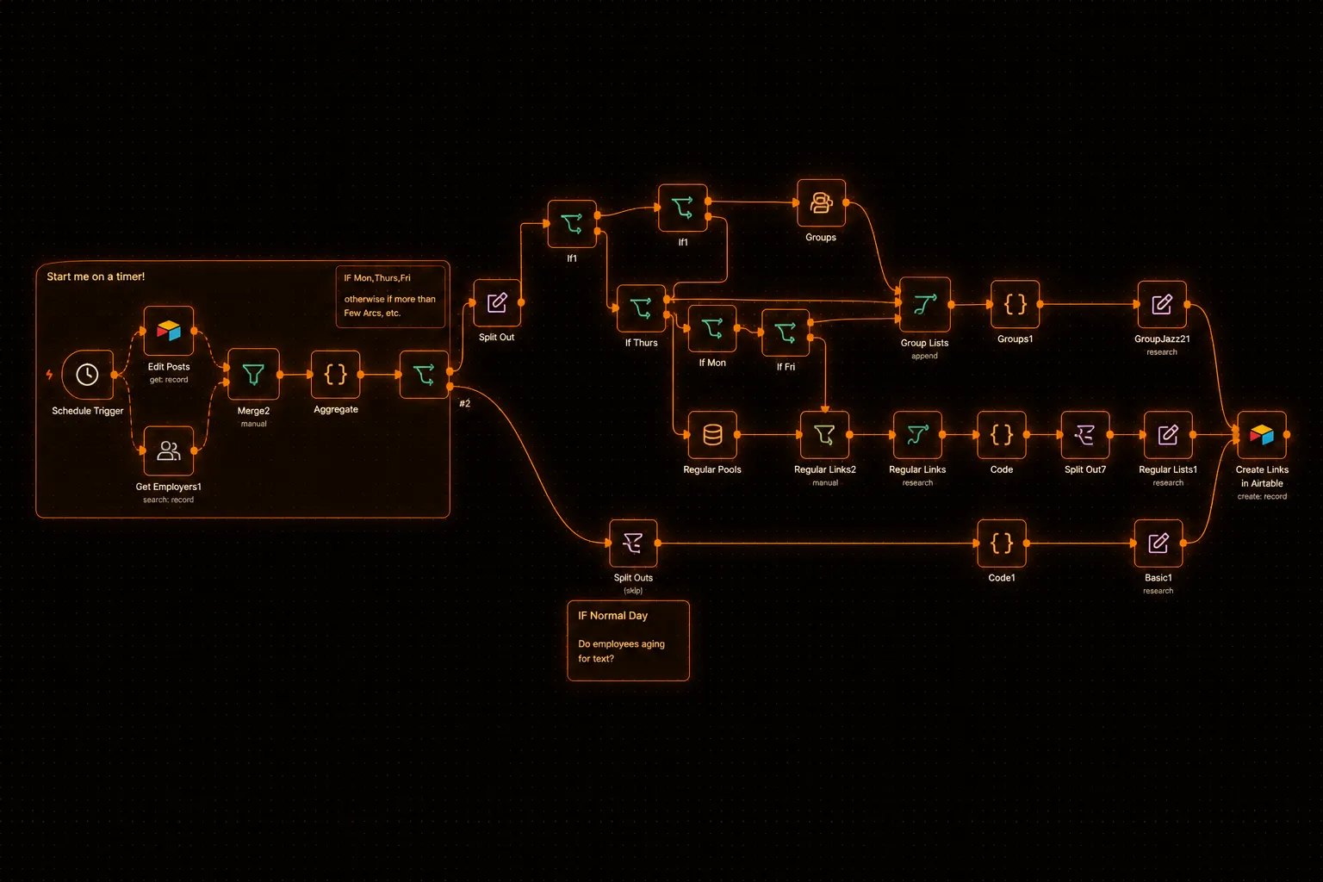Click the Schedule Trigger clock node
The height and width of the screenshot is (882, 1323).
(87, 375)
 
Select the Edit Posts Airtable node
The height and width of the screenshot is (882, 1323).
(168, 331)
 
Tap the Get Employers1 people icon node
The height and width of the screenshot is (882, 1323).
(168, 450)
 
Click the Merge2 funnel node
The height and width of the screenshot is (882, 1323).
(253, 375)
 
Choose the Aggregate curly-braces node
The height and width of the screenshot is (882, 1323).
(335, 374)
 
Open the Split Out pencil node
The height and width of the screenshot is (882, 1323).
(497, 302)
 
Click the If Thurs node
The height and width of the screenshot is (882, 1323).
(641, 307)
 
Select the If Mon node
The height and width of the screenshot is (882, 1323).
(712, 328)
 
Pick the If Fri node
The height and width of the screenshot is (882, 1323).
(786, 332)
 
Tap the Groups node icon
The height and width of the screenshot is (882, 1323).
(821, 202)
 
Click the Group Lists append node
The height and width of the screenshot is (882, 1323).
(925, 305)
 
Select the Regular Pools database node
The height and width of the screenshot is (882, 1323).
(712, 435)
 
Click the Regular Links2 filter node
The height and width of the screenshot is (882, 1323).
(824, 435)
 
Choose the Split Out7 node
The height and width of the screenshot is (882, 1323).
(1085, 435)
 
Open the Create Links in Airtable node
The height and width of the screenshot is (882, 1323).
(1262, 435)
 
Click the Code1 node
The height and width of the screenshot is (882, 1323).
(1002, 543)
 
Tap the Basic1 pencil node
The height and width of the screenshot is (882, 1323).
(1158, 543)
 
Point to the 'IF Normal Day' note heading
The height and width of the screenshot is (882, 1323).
(612, 616)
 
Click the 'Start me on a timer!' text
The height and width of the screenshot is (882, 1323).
(96, 276)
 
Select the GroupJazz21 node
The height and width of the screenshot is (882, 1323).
(1162, 305)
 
